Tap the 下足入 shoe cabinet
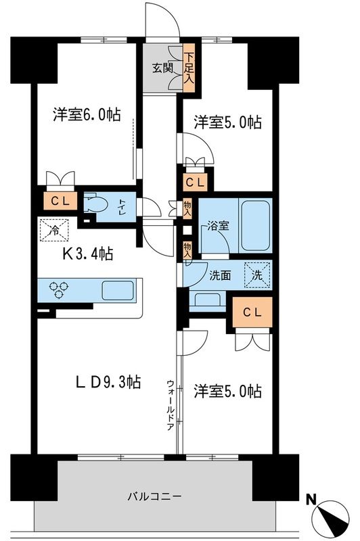pyautogui.click(x=192, y=68)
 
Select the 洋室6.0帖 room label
pyautogui.click(x=87, y=115)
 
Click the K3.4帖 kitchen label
pyautogui.click(x=88, y=254)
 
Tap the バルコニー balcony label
pyautogui.click(x=155, y=496)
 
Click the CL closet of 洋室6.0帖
pyautogui.click(x=58, y=201)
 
